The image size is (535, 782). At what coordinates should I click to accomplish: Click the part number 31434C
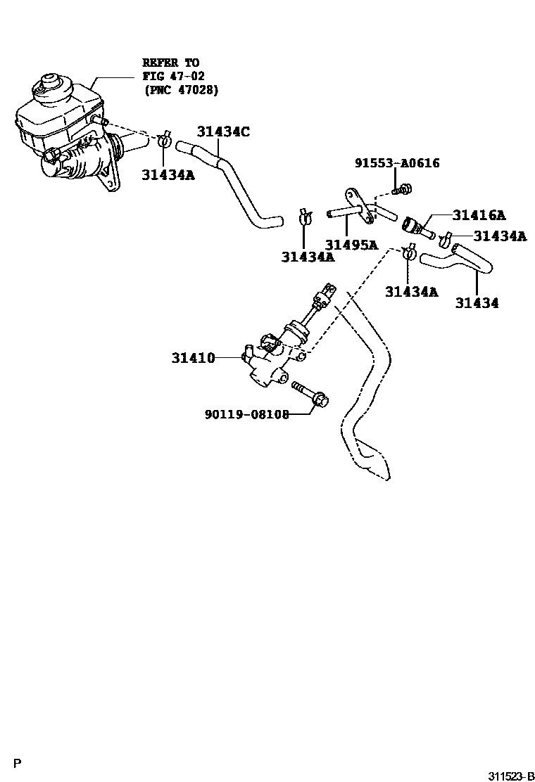pos(223,132)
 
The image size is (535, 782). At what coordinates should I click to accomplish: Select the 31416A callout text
pos(479,215)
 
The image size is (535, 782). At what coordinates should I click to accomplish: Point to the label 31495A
pos(351,245)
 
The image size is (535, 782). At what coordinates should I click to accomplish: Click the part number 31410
pos(192,358)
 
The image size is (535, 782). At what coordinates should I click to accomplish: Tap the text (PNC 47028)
pos(181,89)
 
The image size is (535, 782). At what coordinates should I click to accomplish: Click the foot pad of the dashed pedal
pos(370,461)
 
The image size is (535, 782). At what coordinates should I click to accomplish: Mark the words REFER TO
pos(171,63)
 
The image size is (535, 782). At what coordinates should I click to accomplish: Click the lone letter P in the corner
pos(18,763)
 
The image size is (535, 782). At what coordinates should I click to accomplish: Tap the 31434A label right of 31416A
pos(499,236)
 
